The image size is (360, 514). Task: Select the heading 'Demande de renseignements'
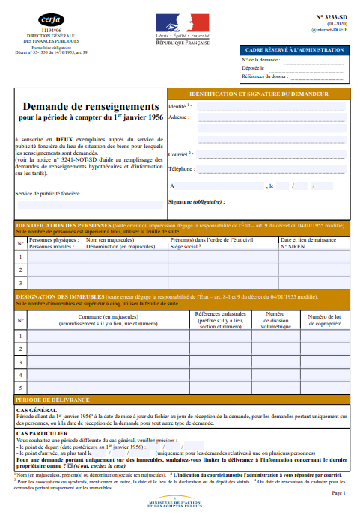91,108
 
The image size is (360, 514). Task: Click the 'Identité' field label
179,107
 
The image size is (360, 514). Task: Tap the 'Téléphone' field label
182,169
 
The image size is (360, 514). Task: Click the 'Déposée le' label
254,67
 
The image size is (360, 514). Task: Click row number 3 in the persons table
20,283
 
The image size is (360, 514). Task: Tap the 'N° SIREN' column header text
294,245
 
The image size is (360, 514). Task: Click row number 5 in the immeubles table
20,388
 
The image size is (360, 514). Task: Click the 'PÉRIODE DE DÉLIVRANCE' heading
52,401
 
